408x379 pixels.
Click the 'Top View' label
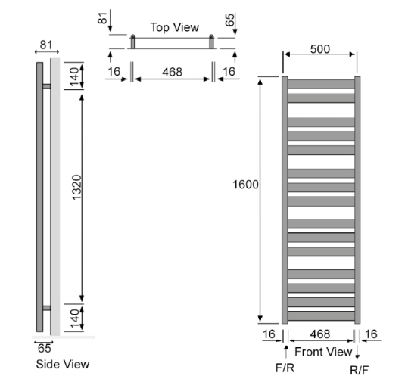pos(175,27)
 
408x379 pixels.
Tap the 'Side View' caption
pos(62,364)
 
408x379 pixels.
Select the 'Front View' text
pos(323,352)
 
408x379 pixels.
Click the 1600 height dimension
pos(245,185)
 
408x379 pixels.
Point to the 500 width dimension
pos(320,49)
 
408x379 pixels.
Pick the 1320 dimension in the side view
pos(76,188)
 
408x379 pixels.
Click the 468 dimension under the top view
pos(172,72)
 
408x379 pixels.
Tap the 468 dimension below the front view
pos(319,334)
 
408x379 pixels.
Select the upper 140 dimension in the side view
pos(74,76)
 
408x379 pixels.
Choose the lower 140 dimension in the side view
pos(74,318)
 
